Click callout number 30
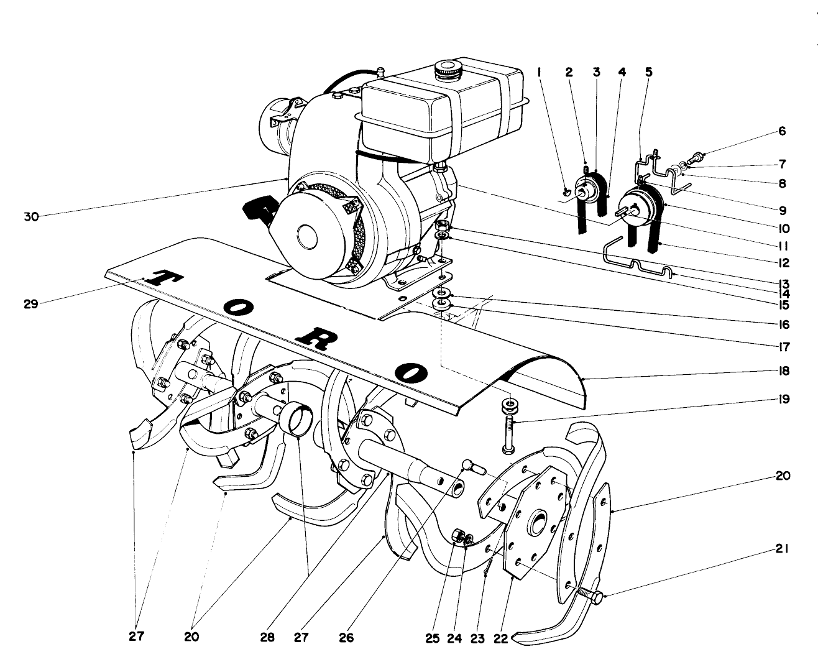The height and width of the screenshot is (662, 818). [31, 216]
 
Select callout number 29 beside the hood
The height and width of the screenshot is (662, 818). [31, 304]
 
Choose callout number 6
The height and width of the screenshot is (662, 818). [782, 131]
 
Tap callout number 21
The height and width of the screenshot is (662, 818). [782, 549]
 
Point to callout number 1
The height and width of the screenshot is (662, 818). [540, 73]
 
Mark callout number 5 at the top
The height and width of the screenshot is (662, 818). [648, 73]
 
